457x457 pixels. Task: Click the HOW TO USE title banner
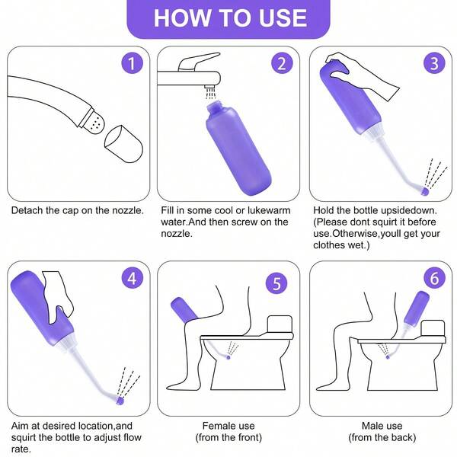(x=228, y=18)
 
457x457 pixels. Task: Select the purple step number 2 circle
(x=281, y=63)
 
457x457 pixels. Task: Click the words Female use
(x=232, y=426)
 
